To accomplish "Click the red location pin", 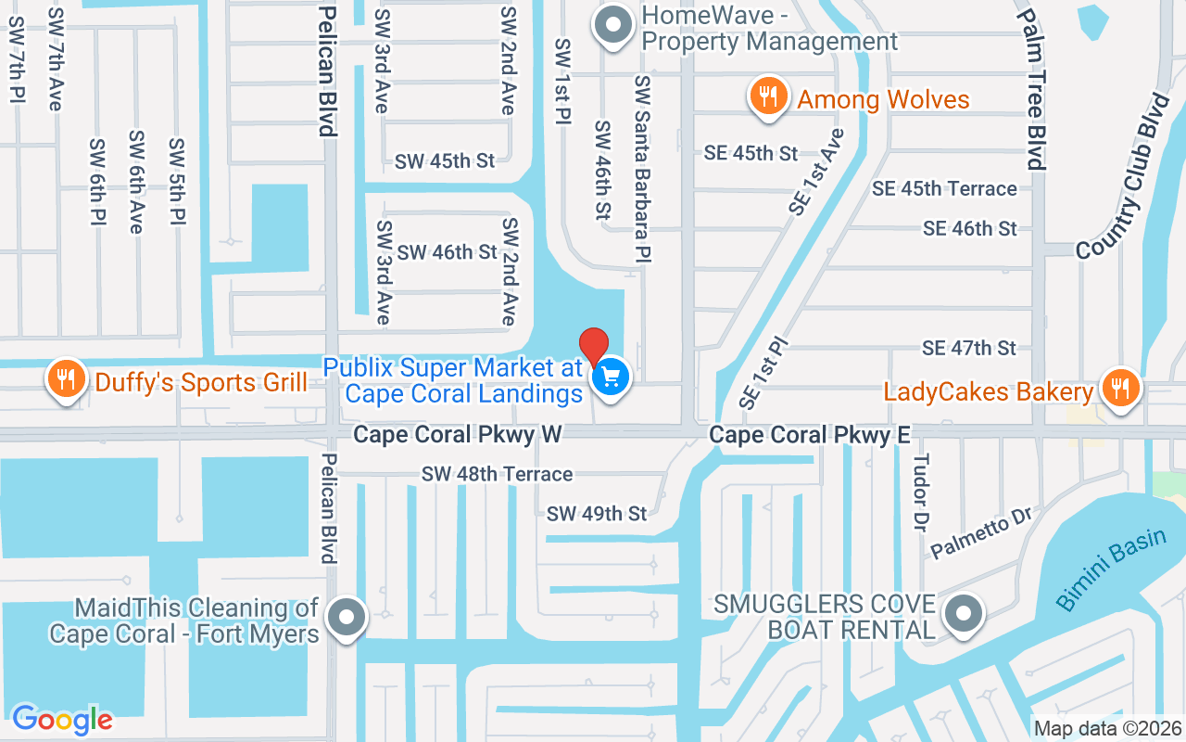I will pos(594,347).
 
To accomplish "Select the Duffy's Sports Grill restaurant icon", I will pos(66,381).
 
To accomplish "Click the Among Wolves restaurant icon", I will pos(768,97).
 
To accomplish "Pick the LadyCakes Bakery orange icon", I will pos(1120,389).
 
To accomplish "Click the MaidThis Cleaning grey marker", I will pos(347,616).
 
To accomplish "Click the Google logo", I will pos(62,719).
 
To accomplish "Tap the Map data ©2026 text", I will pos(1107,728).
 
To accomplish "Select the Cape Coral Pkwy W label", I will pos(458,434).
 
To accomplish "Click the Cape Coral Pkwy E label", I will pos(810,434).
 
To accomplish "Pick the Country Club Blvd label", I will pos(1123,176).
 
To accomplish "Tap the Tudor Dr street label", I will pos(920,493).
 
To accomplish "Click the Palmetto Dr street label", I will pos(981,532).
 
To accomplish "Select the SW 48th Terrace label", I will pos(497,474).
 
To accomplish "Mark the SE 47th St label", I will pos(969,348).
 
